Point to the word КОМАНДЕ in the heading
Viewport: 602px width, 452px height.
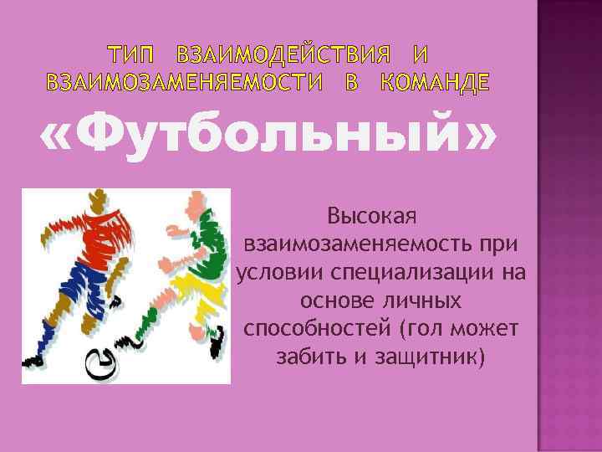(x=436, y=83)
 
